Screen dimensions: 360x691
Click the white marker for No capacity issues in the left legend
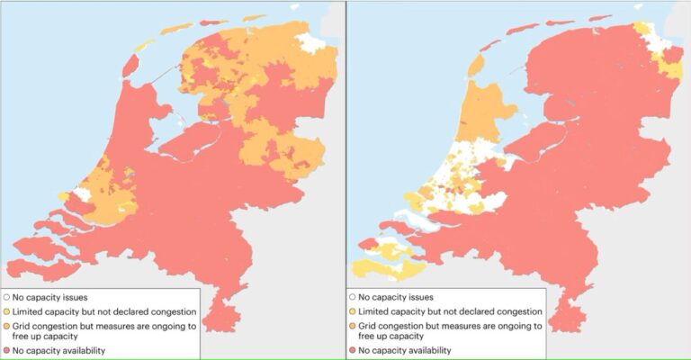point(8,296)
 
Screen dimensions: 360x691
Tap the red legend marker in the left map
point(8,350)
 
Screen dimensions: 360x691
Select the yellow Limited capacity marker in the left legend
point(8,310)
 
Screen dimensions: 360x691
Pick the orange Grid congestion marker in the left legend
point(8,324)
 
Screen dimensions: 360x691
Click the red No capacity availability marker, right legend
point(352,350)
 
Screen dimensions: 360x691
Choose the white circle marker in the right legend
point(352,296)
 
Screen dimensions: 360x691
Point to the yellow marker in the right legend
point(352,310)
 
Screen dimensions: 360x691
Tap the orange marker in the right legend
point(352,324)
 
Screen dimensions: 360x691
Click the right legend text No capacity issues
point(396,296)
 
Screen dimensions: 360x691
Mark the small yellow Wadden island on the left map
point(142,44)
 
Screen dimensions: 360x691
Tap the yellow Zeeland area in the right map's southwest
point(382,266)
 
